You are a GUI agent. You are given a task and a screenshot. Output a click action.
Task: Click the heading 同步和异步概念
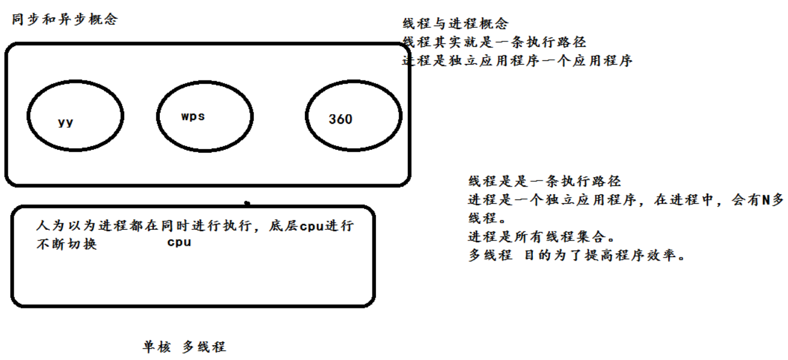(x=65, y=20)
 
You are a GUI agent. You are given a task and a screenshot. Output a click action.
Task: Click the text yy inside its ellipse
(x=66, y=122)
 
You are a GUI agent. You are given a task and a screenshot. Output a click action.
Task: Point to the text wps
(x=193, y=116)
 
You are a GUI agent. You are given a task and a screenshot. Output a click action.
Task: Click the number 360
(x=340, y=119)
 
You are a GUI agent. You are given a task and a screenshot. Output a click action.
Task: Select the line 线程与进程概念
(x=455, y=24)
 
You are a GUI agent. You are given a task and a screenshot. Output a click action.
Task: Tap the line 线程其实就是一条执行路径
(x=494, y=42)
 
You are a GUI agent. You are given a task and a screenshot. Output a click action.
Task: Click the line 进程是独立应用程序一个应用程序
(x=517, y=60)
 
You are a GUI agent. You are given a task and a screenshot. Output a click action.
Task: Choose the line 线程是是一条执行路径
(x=544, y=181)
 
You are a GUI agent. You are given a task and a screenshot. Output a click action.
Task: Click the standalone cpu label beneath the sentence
(x=179, y=242)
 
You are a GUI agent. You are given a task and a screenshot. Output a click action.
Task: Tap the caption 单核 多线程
(x=184, y=347)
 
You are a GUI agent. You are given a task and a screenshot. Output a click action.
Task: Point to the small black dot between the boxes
(x=247, y=203)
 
